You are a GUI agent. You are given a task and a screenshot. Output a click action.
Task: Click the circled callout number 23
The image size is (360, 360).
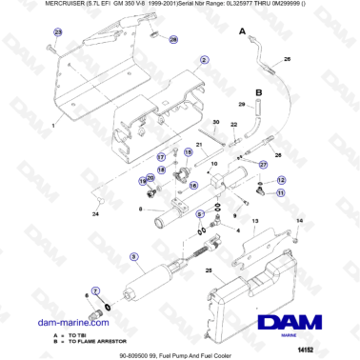point(56,32)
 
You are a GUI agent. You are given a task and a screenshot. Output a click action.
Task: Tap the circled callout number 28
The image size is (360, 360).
point(172,41)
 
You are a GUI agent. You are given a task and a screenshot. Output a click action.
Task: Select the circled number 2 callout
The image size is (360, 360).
point(204,59)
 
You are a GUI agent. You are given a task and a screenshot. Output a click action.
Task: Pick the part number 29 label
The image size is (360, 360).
point(242,104)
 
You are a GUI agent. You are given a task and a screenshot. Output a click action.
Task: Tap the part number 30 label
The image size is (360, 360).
point(216,124)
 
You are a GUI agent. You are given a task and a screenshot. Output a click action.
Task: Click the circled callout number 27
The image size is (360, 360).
point(161,155)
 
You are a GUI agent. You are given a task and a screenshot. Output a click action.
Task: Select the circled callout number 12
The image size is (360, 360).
point(281,180)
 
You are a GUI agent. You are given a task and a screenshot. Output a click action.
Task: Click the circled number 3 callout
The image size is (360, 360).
point(134,256)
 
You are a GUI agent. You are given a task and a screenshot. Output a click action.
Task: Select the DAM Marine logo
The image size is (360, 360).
point(305,322)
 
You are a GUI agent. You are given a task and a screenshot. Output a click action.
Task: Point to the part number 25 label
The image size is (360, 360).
point(209,270)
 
